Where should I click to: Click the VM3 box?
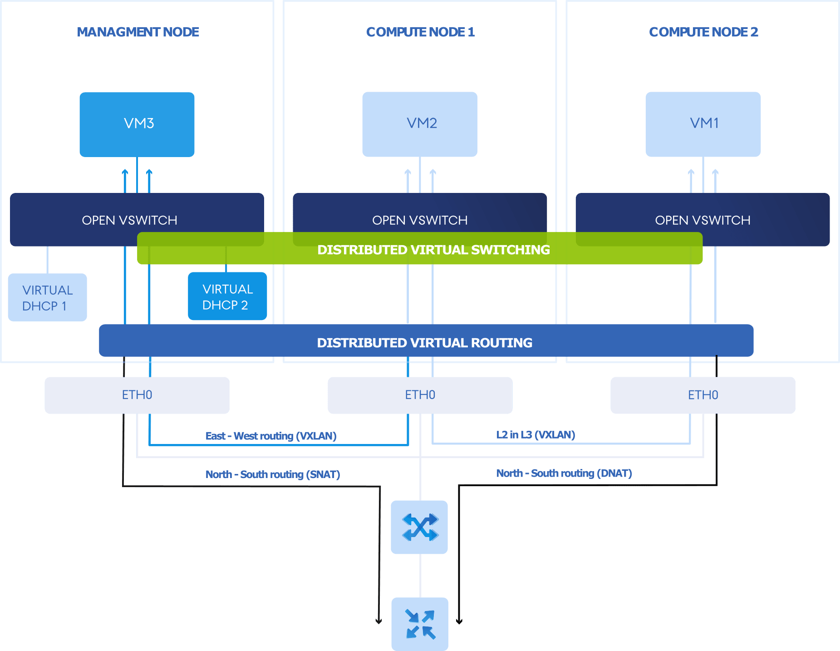(137, 124)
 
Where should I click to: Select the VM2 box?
(420, 124)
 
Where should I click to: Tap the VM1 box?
(703, 124)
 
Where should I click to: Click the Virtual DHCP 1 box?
(48, 297)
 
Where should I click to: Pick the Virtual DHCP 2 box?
(227, 296)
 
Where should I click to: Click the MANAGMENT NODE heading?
(138, 32)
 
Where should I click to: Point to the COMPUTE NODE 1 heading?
(420, 32)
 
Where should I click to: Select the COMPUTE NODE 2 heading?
(703, 32)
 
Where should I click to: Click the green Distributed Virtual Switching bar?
(420, 248)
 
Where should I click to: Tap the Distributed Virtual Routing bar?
(426, 340)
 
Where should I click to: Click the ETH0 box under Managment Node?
(137, 395)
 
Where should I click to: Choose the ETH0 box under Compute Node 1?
(420, 395)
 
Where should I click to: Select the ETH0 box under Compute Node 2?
(703, 395)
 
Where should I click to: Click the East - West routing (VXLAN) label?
(271, 436)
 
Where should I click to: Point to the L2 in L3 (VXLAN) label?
(535, 434)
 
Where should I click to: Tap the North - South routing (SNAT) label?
(273, 474)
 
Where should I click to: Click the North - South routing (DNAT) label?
(564, 473)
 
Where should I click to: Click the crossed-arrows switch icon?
(419, 527)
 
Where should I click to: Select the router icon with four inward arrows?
(420, 624)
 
